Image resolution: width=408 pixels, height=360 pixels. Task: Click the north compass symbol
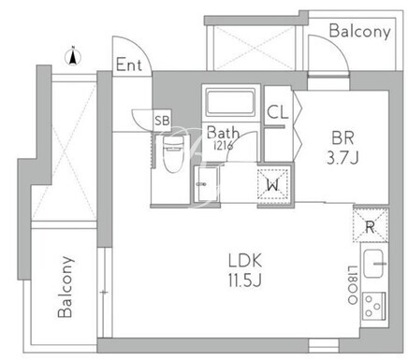click(73, 57)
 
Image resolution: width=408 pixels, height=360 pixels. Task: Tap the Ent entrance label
click(129, 65)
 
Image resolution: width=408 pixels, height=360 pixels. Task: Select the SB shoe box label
click(162, 121)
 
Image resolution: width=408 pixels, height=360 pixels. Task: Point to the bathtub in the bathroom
click(231, 102)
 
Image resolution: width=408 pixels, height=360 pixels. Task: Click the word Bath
click(223, 133)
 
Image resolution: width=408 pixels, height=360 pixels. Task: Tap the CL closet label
click(278, 112)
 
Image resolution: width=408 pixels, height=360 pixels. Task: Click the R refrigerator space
click(371, 225)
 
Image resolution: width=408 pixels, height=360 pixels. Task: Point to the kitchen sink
click(373, 264)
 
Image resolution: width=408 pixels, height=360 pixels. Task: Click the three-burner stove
click(374, 307)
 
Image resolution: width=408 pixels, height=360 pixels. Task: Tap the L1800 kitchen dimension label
click(353, 285)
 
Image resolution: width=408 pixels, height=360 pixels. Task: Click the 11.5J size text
click(244, 281)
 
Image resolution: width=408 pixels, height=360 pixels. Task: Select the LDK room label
click(245, 261)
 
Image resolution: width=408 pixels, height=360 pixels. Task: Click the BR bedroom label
click(342, 137)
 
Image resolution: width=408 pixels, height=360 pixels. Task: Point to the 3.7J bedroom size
click(342, 158)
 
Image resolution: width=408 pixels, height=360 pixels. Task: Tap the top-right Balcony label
click(360, 32)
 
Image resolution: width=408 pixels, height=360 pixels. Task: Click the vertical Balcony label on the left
click(66, 287)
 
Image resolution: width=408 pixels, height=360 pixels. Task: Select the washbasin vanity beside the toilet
click(206, 184)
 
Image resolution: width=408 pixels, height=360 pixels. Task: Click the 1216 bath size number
click(223, 146)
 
